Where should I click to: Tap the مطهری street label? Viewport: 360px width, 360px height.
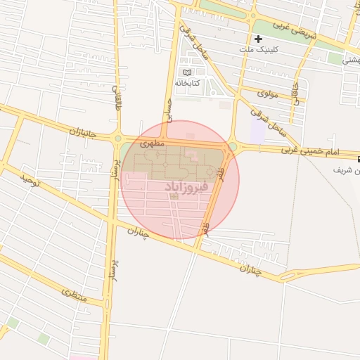(153, 143)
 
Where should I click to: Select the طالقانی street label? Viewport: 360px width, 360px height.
(117, 97)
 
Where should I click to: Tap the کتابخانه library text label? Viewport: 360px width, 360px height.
(206, 83)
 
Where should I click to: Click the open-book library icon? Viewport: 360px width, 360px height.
(186, 72)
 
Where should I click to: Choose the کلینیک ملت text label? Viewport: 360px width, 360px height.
(254, 49)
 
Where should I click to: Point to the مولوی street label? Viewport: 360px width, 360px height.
(269, 93)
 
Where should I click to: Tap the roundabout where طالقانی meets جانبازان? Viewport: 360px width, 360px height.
(117, 139)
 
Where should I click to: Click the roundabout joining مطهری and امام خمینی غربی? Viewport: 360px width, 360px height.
(231, 147)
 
